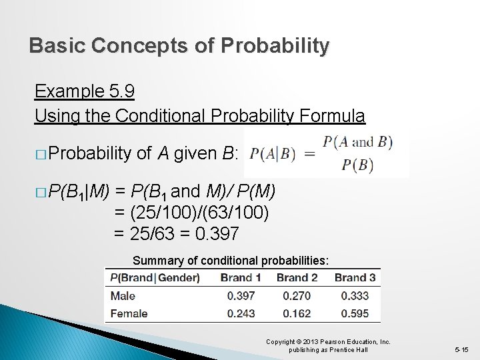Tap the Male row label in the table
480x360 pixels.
pyautogui.click(x=123, y=295)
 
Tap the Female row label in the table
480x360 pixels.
pyautogui.click(x=129, y=313)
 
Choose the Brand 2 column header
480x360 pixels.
pyautogui.click(x=297, y=277)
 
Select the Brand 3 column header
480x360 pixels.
pyautogui.click(x=355, y=277)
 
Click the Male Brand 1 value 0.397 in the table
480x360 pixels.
pyautogui.click(x=241, y=295)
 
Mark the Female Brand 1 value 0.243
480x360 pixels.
pyautogui.click(x=241, y=313)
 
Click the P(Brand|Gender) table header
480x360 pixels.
pyautogui.click(x=155, y=277)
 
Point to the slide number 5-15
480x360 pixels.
pyautogui.click(x=461, y=349)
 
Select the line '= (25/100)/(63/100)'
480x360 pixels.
pyautogui.click(x=191, y=213)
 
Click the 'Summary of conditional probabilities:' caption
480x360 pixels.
pyautogui.click(x=231, y=260)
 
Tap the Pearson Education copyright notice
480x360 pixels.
pyautogui.click(x=328, y=345)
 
